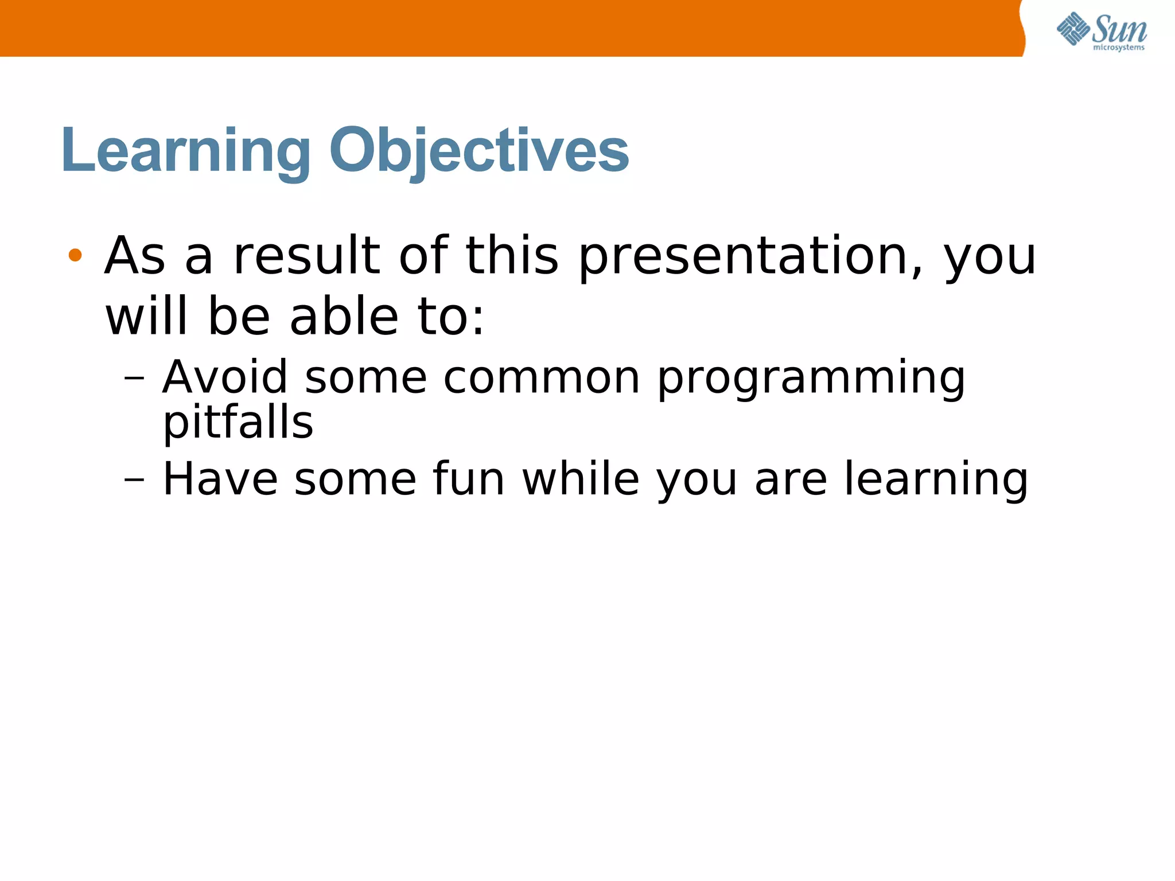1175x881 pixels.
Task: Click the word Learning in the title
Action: click(x=185, y=150)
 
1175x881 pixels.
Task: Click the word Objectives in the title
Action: click(x=479, y=150)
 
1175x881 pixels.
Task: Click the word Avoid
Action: click(x=224, y=377)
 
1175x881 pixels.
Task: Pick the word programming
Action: click(x=811, y=380)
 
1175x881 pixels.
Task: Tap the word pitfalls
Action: click(x=238, y=423)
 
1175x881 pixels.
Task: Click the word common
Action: click(x=541, y=379)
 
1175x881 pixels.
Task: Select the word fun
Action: click(x=468, y=479)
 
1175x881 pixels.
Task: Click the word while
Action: click(x=581, y=479)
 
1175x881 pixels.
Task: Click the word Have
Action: click(x=220, y=479)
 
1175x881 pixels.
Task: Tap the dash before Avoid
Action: click(x=134, y=379)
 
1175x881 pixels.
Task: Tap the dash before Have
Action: click(x=134, y=479)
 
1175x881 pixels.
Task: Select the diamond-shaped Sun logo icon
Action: click(x=1073, y=29)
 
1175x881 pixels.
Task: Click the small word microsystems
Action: click(x=1118, y=48)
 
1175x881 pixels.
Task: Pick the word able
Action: click(x=344, y=317)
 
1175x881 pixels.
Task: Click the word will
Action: click(x=147, y=317)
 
